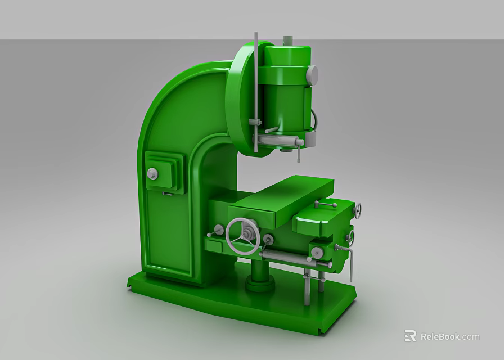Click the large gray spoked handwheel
tap(242, 236)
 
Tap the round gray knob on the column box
tap(152, 174)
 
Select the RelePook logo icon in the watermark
tap(410, 336)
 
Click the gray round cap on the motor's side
tap(312, 74)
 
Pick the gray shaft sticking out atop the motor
tap(287, 40)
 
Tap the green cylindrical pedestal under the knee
tap(259, 274)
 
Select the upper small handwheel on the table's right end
tap(357, 210)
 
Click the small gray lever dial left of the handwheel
tap(215, 231)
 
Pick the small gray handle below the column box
tap(167, 193)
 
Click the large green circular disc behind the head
tap(239, 98)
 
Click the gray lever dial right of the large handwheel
tap(268, 240)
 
